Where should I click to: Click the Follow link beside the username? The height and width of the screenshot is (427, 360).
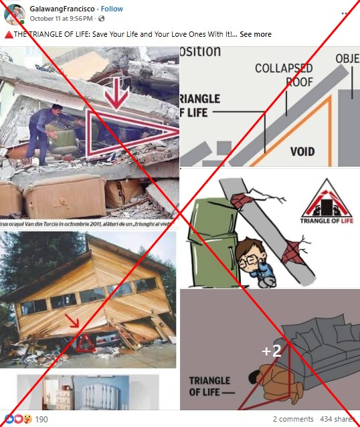[112, 9]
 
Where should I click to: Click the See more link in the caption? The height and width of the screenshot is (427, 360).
[255, 34]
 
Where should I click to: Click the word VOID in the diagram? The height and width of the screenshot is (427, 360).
[302, 152]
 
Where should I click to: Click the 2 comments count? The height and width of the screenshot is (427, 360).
[293, 419]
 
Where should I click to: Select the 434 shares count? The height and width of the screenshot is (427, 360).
[337, 419]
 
